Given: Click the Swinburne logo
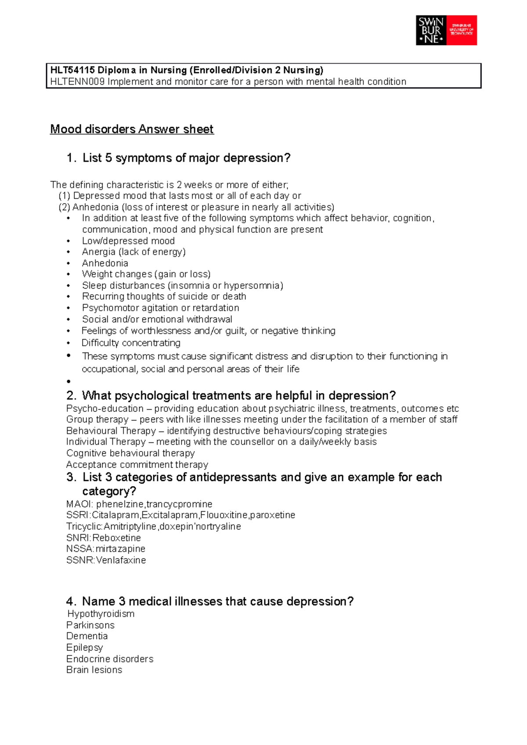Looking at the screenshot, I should [446, 30].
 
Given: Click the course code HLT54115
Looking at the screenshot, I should [72, 70].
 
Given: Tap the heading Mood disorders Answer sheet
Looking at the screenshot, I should [132, 129].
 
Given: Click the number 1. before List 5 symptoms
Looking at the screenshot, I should [72, 158].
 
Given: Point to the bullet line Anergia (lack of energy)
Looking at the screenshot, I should [134, 252].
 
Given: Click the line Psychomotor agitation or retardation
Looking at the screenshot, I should [160, 308].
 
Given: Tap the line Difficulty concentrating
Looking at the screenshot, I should [131, 343].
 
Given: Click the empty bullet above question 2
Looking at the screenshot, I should [69, 382].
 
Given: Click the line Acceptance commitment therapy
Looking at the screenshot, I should [137, 465].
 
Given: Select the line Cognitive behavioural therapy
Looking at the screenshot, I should [130, 453].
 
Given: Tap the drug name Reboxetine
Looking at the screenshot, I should [116, 538].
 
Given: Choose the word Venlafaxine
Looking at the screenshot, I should [121, 560].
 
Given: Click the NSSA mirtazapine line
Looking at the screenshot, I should [105, 549].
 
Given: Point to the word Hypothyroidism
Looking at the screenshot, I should [101, 614].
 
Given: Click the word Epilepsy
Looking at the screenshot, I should [84, 648].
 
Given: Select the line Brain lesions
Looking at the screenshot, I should [94, 670].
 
